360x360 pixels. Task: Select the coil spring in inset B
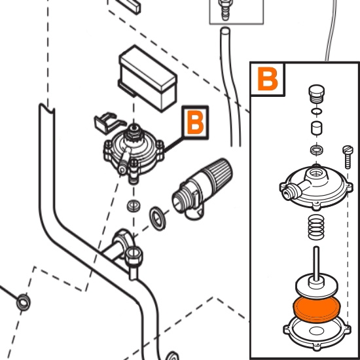click(x=316, y=227)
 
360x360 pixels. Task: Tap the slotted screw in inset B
click(x=348, y=157)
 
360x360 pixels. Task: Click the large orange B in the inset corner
click(x=268, y=79)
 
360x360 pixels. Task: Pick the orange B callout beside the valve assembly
click(x=196, y=122)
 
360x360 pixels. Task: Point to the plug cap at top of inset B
click(x=316, y=94)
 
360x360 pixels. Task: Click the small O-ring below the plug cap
click(x=317, y=111)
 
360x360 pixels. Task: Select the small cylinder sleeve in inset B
click(x=317, y=128)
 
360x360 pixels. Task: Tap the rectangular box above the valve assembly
click(x=148, y=79)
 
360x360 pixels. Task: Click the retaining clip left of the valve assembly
click(x=108, y=122)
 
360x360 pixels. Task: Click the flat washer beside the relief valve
click(x=158, y=218)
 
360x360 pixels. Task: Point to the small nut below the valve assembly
click(x=134, y=206)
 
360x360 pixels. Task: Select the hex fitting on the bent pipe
click(x=134, y=255)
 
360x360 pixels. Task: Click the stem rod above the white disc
click(x=316, y=264)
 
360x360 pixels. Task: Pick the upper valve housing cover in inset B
click(x=316, y=187)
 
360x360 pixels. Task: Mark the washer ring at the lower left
click(x=24, y=302)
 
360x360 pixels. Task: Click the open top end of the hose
click(x=225, y=30)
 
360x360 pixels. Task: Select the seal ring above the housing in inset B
click(x=317, y=150)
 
